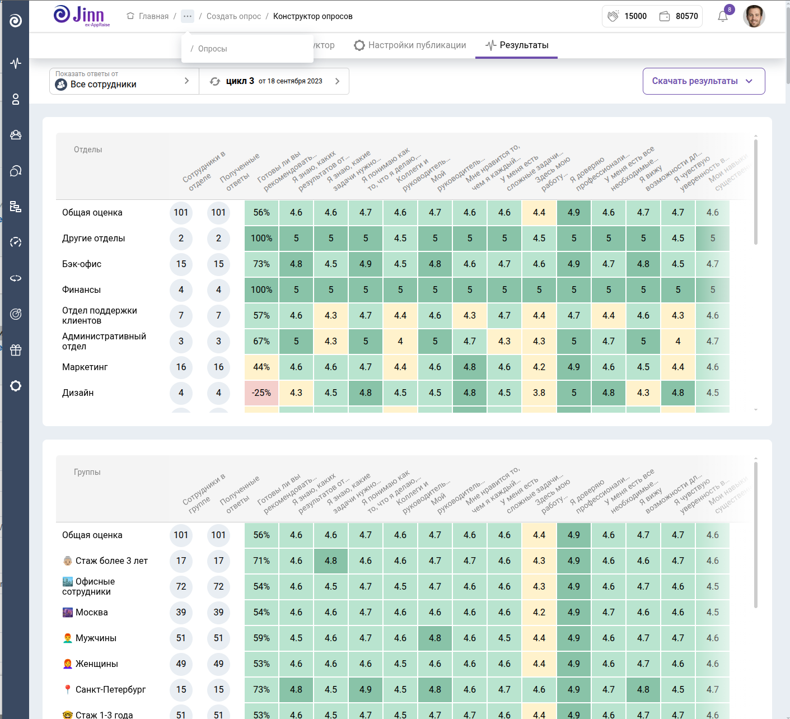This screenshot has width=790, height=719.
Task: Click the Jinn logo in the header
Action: (82, 16)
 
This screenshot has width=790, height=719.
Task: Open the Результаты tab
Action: (517, 45)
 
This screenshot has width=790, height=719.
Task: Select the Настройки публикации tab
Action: (410, 45)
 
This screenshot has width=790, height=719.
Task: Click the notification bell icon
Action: (723, 16)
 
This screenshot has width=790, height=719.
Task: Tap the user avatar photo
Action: (754, 16)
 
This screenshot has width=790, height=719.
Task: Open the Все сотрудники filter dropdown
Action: (124, 81)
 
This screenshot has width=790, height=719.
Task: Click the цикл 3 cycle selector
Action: (274, 81)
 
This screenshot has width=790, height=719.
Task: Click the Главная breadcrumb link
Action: (148, 16)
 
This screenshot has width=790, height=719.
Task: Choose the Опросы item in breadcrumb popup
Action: (212, 49)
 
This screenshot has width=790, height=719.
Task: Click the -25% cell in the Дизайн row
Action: (261, 393)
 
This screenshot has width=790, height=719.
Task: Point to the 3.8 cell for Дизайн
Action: (539, 393)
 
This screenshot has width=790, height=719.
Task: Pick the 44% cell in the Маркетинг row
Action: (261, 367)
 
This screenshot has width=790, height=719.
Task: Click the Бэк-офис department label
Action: (82, 264)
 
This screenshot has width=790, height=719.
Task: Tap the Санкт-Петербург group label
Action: (110, 690)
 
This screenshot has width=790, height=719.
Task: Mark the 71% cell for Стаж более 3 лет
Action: (261, 561)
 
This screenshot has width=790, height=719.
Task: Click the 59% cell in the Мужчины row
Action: (261, 638)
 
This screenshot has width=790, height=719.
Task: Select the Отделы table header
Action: (88, 150)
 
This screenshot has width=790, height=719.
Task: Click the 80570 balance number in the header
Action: (686, 16)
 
